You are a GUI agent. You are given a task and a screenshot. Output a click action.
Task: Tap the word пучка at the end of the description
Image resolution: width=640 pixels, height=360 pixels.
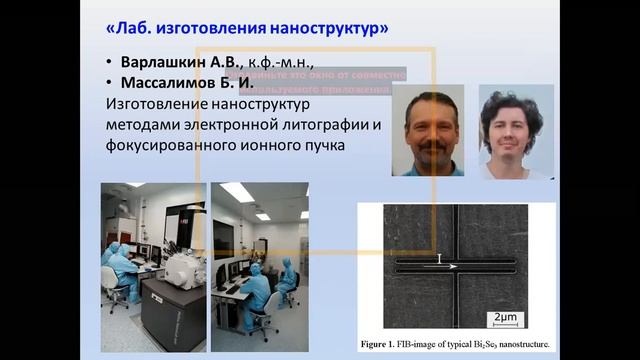tap(332, 146)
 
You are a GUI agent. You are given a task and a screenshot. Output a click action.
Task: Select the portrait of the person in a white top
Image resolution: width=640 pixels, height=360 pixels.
tap(515, 132)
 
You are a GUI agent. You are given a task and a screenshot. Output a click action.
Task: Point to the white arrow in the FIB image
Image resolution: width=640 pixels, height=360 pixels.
tap(448, 267)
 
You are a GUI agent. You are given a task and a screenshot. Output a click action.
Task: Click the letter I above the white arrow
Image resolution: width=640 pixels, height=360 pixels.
tap(439, 258)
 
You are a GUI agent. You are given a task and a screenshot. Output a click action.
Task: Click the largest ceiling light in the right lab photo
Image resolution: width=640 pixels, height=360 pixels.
tap(237, 192)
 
